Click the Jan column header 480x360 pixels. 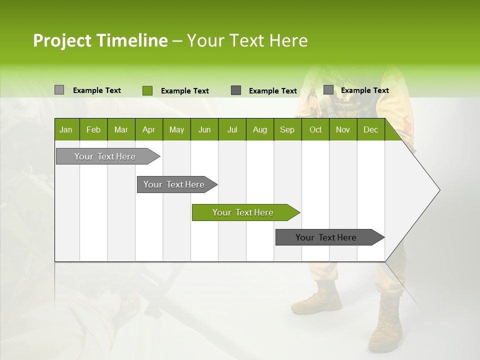click(x=66, y=129)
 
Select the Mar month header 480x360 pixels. click(x=121, y=129)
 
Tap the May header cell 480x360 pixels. click(x=176, y=129)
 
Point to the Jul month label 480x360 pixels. click(x=232, y=129)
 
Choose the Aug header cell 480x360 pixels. click(x=259, y=129)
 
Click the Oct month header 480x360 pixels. click(x=315, y=129)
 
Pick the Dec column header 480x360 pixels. click(x=370, y=129)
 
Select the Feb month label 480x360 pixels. click(x=93, y=129)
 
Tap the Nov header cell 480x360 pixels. click(x=343, y=129)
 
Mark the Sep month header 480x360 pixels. click(x=287, y=129)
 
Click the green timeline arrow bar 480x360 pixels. click(x=245, y=212)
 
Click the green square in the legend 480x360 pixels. click(x=147, y=90)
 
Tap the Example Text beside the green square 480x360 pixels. click(x=184, y=91)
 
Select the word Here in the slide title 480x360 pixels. click(x=288, y=40)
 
